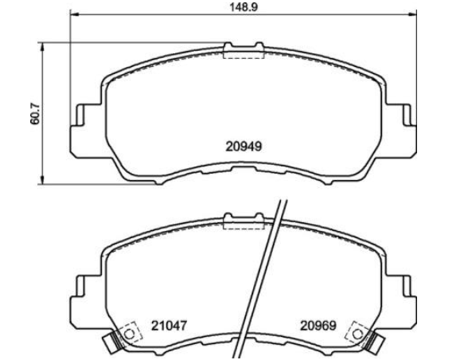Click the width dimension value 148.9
point(244,7)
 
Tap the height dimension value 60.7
point(35,113)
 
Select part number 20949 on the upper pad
point(244,147)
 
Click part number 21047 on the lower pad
point(170,326)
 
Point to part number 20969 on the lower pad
point(318,326)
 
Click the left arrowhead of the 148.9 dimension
point(73,14)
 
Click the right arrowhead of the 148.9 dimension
point(413,14)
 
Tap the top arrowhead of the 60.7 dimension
point(43,46)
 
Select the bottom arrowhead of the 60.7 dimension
point(43,180)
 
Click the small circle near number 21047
point(129,335)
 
